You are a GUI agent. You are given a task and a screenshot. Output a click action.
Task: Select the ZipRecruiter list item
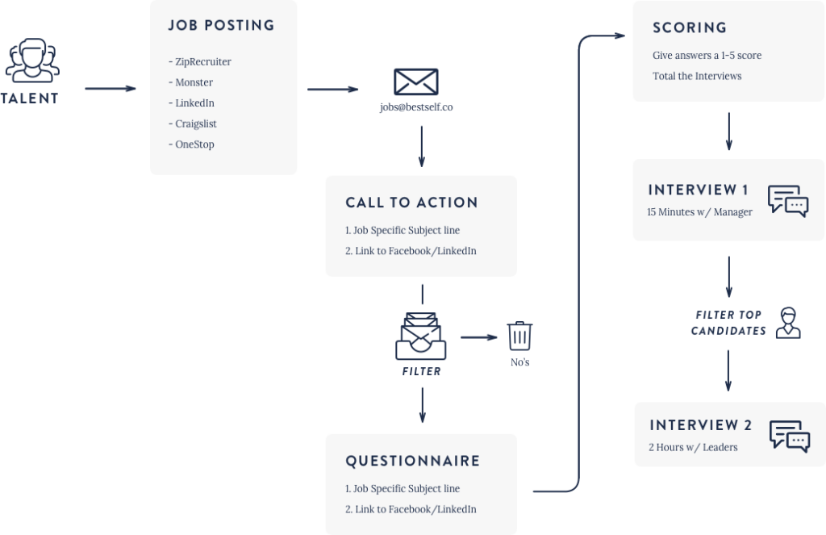202,61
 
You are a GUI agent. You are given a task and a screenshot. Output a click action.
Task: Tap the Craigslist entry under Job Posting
195,123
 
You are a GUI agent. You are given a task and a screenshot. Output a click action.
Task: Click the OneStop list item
194,144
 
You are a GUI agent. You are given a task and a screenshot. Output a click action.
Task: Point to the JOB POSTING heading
221,26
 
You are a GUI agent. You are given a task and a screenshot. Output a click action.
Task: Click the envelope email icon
415,82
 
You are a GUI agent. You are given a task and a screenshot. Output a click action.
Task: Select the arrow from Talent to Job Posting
111,89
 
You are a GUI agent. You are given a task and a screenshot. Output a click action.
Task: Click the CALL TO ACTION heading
411,203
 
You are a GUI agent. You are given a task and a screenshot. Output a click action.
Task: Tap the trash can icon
519,336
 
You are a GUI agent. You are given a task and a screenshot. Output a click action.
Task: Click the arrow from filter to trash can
479,337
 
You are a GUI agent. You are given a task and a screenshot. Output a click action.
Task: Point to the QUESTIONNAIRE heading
412,462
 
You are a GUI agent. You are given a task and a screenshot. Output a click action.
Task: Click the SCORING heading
689,28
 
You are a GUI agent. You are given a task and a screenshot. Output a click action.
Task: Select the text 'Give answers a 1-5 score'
707,56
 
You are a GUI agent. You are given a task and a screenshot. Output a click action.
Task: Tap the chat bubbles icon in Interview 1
787,201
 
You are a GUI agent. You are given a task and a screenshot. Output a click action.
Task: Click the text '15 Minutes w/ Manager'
699,212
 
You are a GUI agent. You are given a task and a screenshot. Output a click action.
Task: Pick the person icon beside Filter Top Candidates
786,322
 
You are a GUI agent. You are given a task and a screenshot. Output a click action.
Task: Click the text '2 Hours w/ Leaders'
693,447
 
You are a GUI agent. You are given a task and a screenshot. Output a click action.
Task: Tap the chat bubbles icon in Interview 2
789,435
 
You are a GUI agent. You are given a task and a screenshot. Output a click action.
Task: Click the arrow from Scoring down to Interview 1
728,131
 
